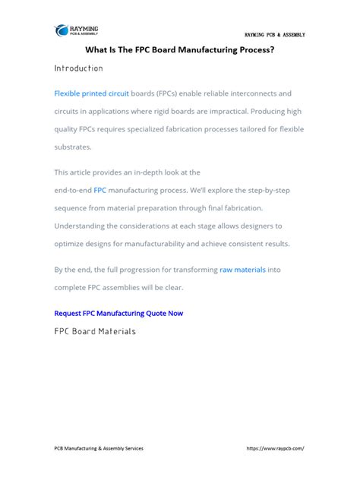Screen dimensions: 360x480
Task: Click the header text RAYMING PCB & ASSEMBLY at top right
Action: coord(274,35)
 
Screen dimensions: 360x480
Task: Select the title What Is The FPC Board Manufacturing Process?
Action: coord(179,50)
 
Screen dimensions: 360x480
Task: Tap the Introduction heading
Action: coord(78,68)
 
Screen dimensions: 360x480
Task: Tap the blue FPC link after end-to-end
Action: coord(99,190)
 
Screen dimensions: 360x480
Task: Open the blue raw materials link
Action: coord(242,270)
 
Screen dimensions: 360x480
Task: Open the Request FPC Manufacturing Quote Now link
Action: coord(118,313)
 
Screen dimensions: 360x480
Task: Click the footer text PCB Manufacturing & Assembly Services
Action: coord(99,448)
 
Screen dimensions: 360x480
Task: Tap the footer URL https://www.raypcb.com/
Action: coord(276,448)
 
